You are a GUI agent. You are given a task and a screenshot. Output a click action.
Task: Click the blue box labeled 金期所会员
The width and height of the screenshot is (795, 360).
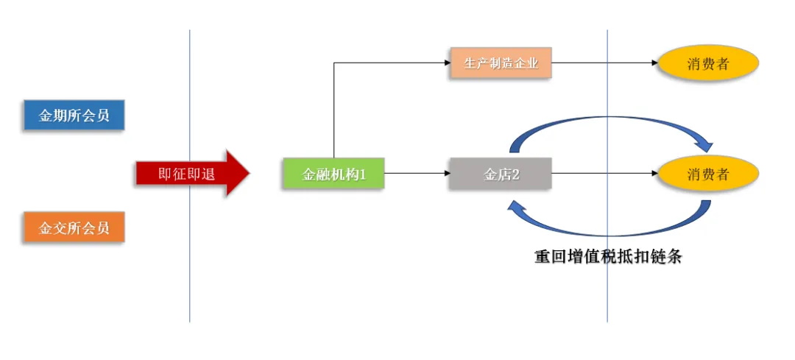pyautogui.click(x=74, y=116)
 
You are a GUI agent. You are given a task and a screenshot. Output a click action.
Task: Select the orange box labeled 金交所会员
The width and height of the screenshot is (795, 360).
pyautogui.click(x=74, y=228)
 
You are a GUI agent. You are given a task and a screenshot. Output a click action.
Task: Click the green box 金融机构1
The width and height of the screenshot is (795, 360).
pyautogui.click(x=333, y=174)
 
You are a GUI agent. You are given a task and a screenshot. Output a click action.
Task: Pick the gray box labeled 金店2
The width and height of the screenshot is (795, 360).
pyautogui.click(x=501, y=174)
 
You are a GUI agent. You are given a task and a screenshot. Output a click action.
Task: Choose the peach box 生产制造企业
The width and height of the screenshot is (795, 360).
pyautogui.click(x=501, y=63)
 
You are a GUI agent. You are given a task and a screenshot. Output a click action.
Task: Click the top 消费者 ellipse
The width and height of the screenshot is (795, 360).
pyautogui.click(x=707, y=63)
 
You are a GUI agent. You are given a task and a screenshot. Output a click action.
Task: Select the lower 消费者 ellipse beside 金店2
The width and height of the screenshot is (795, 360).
pyautogui.click(x=707, y=174)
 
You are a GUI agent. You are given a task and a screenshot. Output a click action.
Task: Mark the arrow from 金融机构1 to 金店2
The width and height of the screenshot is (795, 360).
pyautogui.click(x=416, y=174)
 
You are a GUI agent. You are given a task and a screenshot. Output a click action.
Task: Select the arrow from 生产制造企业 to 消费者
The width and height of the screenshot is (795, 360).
pyautogui.click(x=604, y=63)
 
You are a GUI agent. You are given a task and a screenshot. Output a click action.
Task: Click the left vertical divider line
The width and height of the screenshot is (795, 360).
pyautogui.click(x=189, y=280)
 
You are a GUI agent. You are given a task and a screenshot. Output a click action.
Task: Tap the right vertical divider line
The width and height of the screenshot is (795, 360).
pyautogui.click(x=607, y=294)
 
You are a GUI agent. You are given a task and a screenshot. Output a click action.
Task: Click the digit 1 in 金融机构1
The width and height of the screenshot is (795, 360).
pyautogui.click(x=361, y=174)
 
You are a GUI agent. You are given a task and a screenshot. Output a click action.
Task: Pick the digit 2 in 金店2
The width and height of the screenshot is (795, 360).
pyautogui.click(x=515, y=174)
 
